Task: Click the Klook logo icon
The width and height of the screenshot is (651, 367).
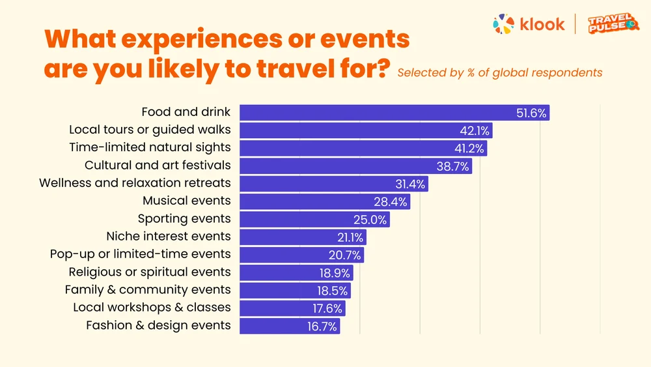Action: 504,24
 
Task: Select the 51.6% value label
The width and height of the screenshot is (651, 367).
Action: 531,113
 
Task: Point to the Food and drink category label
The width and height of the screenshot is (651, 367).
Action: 186,112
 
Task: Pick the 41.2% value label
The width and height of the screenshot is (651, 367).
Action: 469,149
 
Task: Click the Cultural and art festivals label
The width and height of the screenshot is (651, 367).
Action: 158,166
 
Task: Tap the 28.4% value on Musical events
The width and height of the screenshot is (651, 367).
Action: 391,201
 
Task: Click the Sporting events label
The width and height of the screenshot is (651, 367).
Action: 184,218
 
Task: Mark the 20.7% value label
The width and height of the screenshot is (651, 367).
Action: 345,255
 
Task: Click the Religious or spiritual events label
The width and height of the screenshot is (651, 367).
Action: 150,272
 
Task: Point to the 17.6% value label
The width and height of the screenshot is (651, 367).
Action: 327,308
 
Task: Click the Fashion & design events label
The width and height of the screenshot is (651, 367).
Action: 158,325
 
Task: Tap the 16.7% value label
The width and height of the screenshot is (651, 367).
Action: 322,327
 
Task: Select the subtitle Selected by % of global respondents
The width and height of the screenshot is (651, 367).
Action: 499,72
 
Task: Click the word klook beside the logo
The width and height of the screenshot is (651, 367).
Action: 542,25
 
